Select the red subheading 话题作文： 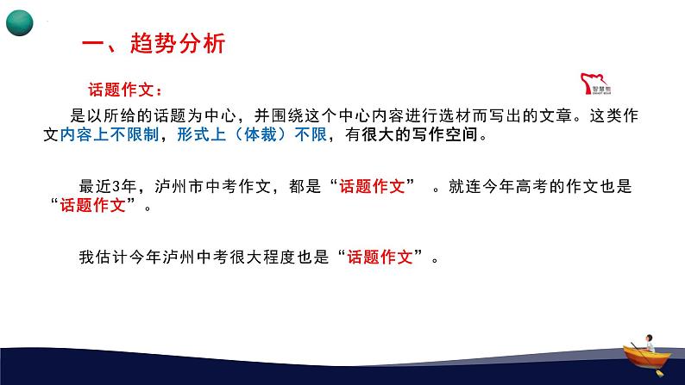(x=125, y=89)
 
